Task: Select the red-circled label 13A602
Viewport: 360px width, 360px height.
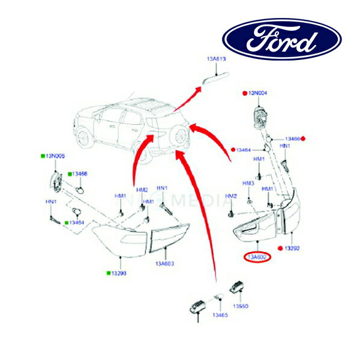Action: coord(257,257)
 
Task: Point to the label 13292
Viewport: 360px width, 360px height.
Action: coord(292,248)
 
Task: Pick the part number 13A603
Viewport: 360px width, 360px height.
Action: coord(164,263)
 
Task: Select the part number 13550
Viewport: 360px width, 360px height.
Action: coord(241,305)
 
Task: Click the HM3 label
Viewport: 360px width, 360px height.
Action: coord(248,183)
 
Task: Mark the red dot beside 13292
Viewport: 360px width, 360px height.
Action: coord(280,248)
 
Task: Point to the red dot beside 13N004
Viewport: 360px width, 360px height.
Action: coord(244,94)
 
